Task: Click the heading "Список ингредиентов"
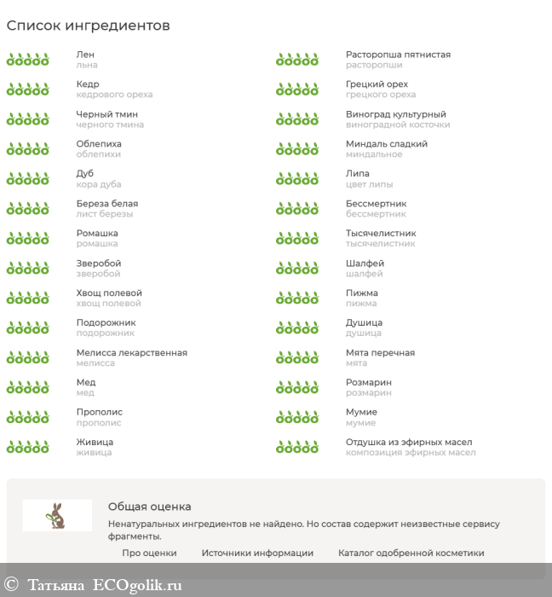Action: pos(89,26)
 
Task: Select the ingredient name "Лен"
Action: pos(84,55)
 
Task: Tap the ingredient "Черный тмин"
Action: pos(106,114)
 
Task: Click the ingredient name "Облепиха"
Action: pos(99,144)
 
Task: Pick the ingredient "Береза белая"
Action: pos(106,204)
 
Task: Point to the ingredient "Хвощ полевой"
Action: pos(109,293)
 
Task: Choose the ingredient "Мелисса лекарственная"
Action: pos(131,353)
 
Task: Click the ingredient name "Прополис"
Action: pos(99,412)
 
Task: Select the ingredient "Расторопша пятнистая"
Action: pos(398,55)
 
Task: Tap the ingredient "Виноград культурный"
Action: pos(395,114)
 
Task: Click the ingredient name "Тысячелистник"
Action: pos(381,234)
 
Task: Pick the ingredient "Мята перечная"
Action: pos(380,353)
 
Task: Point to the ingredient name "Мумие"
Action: pos(361,412)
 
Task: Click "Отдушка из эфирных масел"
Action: pos(409,442)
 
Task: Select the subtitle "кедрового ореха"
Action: pos(114,95)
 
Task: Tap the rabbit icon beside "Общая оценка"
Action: pos(57,515)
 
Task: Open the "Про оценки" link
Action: pos(149,553)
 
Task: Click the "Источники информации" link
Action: pos(257,553)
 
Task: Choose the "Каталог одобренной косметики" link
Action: pos(411,553)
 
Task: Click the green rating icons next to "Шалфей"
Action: pos(296,268)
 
